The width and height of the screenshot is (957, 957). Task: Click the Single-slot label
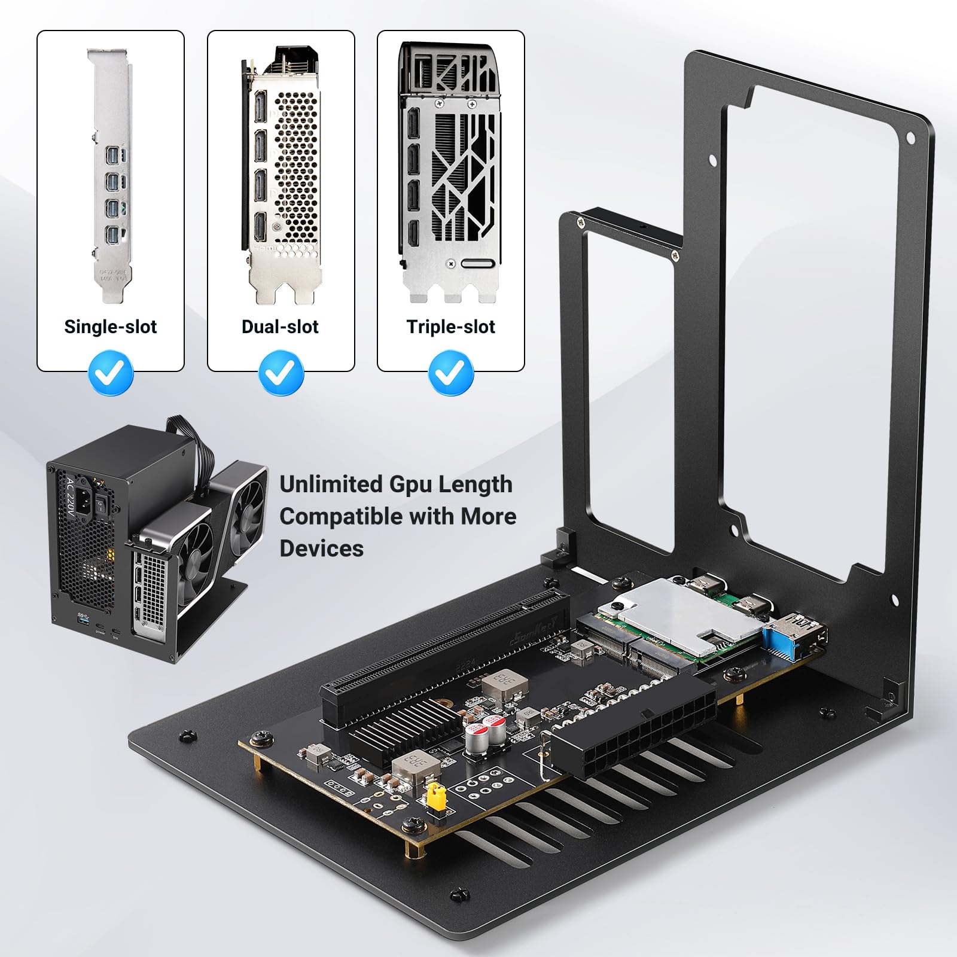pyautogui.click(x=110, y=327)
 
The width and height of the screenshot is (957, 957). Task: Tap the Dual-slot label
pyautogui.click(x=280, y=327)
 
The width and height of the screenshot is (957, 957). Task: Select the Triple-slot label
pyautogui.click(x=450, y=327)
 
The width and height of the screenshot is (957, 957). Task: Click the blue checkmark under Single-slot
pyautogui.click(x=111, y=373)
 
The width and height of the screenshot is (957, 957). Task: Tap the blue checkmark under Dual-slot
pyautogui.click(x=281, y=373)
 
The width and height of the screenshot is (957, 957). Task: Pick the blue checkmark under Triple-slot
pyautogui.click(x=451, y=373)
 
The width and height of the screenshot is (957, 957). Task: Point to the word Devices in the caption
pyautogui.click(x=321, y=548)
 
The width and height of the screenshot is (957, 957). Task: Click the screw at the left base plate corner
pyautogui.click(x=187, y=735)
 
